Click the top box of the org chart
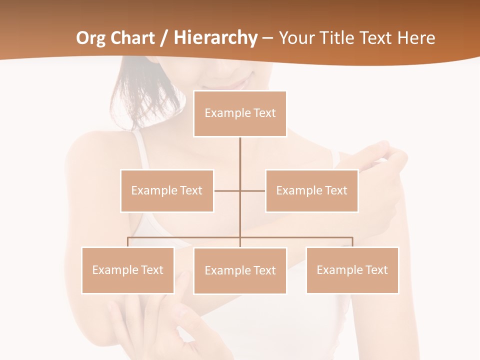coord(240,113)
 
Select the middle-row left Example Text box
coord(167,190)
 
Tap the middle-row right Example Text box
coord(311,190)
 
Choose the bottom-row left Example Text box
coord(128,270)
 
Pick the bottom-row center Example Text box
coord(240,270)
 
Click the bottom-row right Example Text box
coord(352,270)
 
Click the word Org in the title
coord(91,38)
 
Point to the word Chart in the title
coord(132,38)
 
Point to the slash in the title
coord(163,38)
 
